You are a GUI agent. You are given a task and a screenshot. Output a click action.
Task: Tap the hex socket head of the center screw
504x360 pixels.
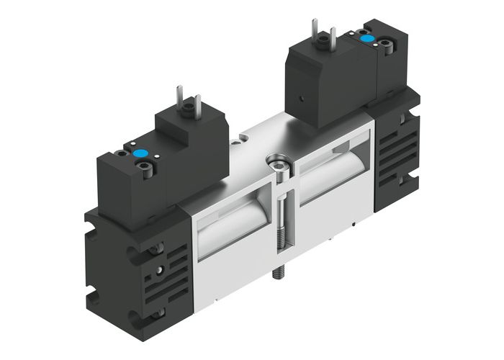(x=276, y=161)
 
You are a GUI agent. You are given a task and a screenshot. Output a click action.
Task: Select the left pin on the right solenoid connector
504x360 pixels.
(x=315, y=27)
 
